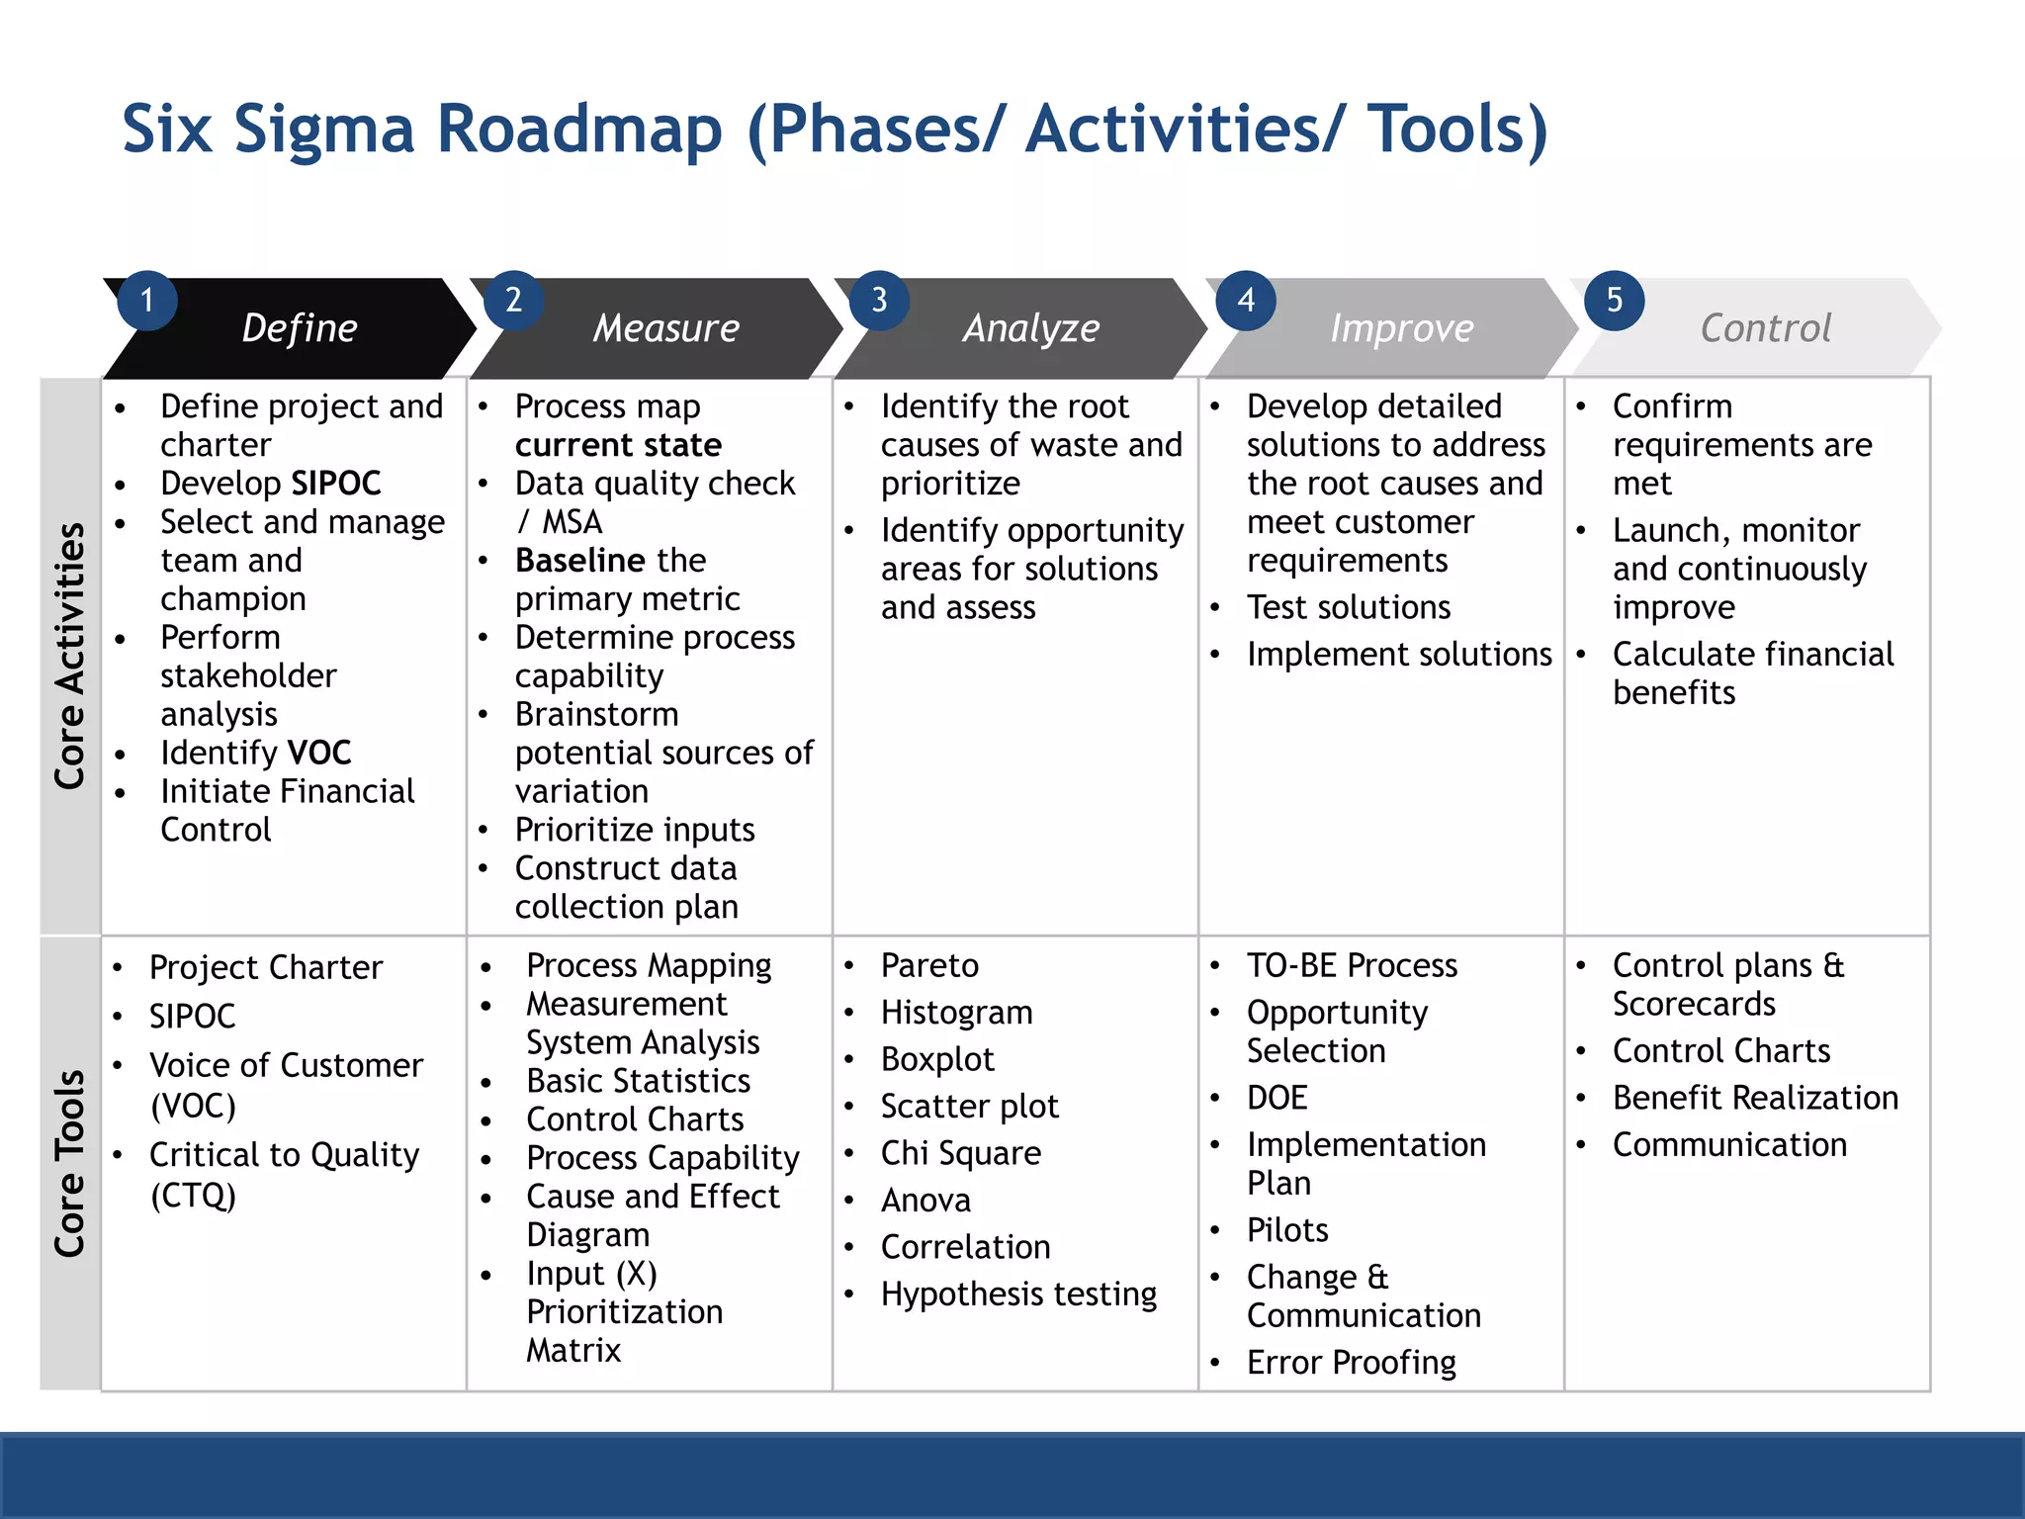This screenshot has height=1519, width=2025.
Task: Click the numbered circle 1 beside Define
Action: [147, 301]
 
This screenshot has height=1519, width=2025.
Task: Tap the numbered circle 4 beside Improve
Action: [1246, 301]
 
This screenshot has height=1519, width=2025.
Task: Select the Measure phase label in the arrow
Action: [665, 328]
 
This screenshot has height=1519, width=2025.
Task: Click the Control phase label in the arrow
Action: [1765, 328]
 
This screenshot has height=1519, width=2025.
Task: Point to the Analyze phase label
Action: [1031, 328]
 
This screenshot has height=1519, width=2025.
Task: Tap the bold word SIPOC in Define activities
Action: [335, 484]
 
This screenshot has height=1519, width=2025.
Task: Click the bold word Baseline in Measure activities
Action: [581, 561]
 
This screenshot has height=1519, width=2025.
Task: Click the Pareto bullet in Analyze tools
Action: [929, 965]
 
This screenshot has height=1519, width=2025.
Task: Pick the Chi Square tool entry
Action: [960, 1153]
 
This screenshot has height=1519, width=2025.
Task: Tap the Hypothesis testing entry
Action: [1018, 1295]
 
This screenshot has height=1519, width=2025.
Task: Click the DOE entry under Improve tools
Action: [1277, 1098]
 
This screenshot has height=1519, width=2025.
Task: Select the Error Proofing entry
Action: [1351, 1363]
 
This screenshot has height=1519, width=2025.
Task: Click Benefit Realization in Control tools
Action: [1755, 1098]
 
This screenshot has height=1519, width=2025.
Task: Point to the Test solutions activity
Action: [1349, 607]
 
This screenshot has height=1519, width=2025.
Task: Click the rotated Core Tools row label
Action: [70, 1163]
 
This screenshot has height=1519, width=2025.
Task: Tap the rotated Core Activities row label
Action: [70, 656]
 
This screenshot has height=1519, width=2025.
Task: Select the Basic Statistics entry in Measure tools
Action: [638, 1081]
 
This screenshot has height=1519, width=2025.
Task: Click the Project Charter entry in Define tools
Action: [265, 967]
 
